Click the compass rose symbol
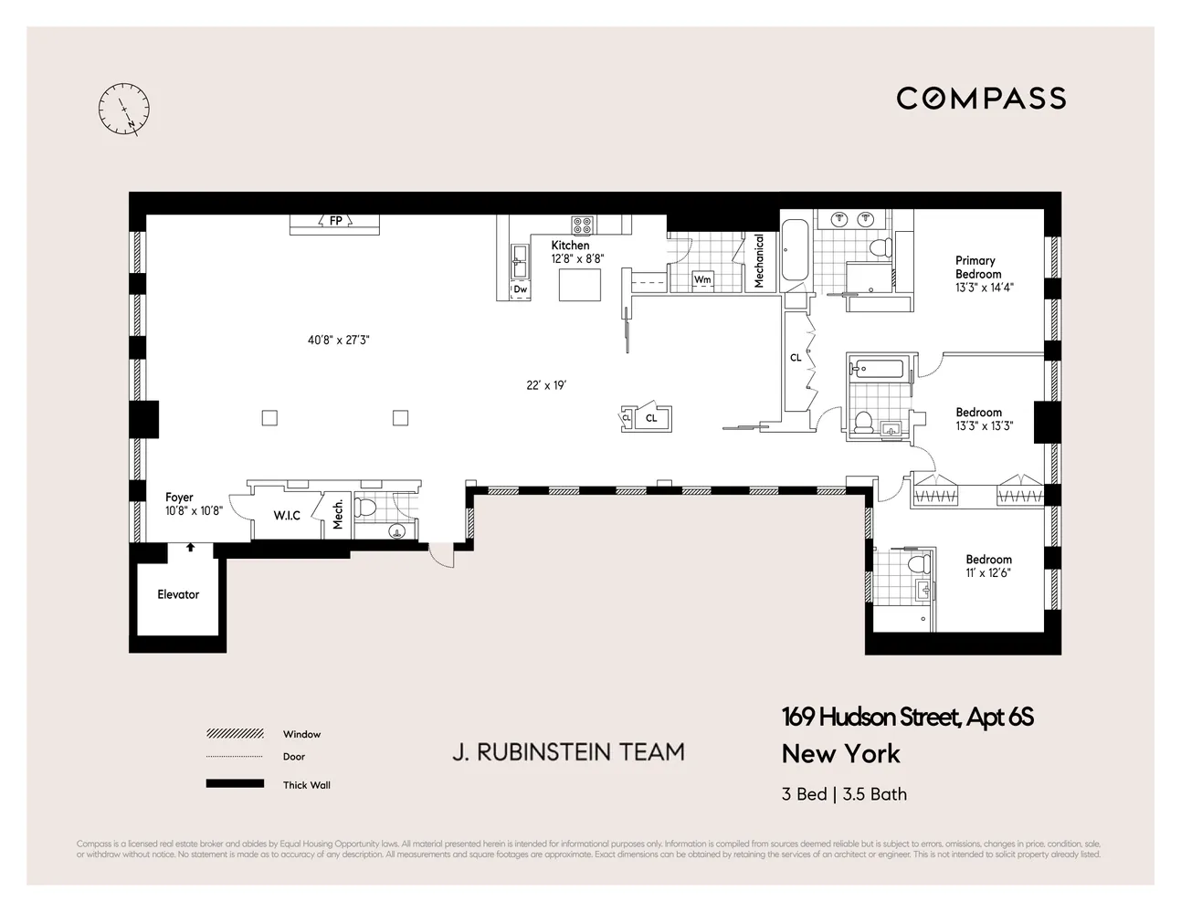123,110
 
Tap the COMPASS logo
981,99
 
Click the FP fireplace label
335,221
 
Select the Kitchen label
570,246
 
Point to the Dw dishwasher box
520,289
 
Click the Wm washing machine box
701,279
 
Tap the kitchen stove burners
582,225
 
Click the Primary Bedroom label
977,267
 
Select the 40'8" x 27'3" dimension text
338,341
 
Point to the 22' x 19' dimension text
546,385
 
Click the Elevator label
178,594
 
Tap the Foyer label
179,498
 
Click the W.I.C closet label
287,516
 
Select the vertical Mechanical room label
759,261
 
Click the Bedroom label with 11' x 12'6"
988,560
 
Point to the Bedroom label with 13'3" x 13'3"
978,413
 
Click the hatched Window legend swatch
236,734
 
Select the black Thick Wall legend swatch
236,784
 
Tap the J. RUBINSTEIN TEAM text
568,752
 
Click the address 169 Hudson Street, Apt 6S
907,718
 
